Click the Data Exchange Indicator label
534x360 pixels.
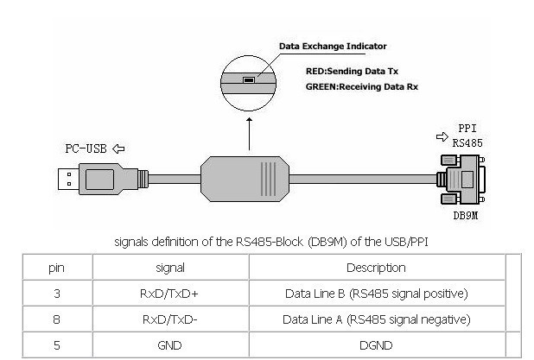(x=333, y=46)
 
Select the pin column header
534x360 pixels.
(x=57, y=268)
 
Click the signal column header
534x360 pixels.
(x=169, y=268)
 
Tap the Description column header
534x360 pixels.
(x=376, y=268)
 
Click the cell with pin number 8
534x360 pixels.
(x=57, y=319)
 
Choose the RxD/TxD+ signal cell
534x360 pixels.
(x=169, y=294)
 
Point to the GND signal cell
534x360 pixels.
(x=169, y=344)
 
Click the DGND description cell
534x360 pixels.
(x=376, y=344)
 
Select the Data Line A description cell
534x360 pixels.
(x=376, y=319)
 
